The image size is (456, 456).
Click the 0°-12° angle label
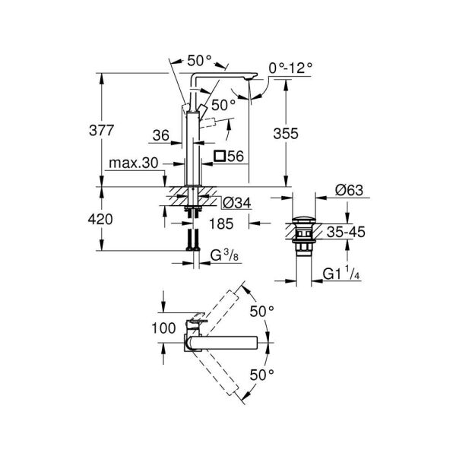(x=290, y=68)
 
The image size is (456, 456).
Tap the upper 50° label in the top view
(x=262, y=311)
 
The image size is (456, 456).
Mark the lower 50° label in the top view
(x=262, y=373)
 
